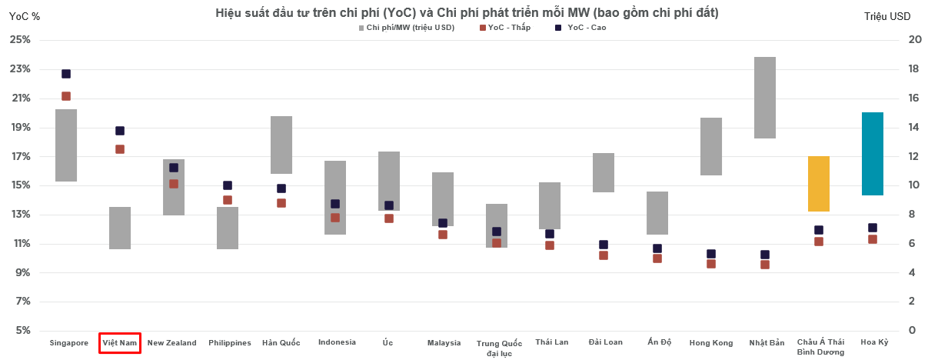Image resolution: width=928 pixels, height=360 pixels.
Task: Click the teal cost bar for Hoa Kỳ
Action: click(x=873, y=154)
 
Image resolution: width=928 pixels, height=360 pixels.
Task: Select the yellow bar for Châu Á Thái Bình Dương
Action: click(x=819, y=184)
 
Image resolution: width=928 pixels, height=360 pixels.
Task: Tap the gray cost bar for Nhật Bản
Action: click(x=765, y=98)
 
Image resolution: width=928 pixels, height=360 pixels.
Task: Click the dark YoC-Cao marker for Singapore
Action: click(x=66, y=74)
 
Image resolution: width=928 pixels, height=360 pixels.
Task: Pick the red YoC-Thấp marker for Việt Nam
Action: click(x=120, y=149)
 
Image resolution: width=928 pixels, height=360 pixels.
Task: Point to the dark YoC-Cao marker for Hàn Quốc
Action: click(x=281, y=188)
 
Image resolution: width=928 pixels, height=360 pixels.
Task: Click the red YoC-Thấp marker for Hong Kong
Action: click(x=711, y=264)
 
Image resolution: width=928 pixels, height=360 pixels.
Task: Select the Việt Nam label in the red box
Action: click(x=120, y=343)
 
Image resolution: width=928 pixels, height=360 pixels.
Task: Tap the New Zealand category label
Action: click(x=172, y=343)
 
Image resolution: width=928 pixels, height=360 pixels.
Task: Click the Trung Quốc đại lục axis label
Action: click(x=499, y=348)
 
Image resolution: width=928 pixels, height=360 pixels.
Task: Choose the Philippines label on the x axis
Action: click(x=230, y=343)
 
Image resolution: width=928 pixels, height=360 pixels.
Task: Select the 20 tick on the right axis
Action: click(x=916, y=40)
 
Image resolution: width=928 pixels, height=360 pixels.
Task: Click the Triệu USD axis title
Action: click(x=886, y=15)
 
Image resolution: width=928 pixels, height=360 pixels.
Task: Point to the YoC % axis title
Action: click(x=24, y=15)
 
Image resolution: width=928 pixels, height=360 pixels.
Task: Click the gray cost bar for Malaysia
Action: click(x=443, y=199)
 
